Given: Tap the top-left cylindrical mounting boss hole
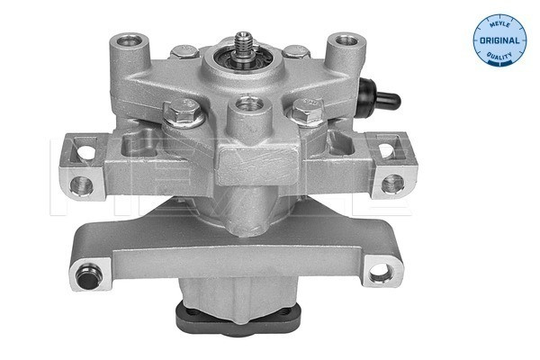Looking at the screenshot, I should pyautogui.click(x=141, y=41).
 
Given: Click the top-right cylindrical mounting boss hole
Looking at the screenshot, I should pyautogui.click(x=343, y=41).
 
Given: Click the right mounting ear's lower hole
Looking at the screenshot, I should pyautogui.click(x=391, y=184).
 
